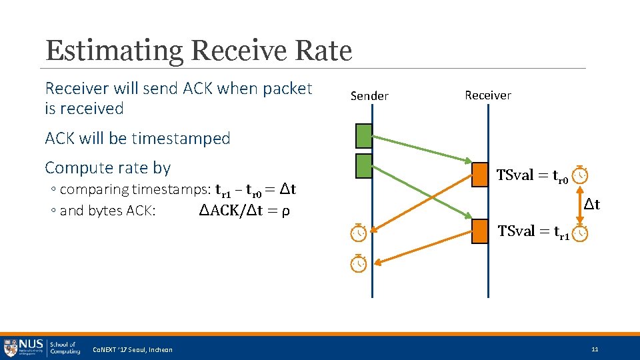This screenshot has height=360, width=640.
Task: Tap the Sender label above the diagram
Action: [x=369, y=96]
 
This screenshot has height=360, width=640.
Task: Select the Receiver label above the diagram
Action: [x=488, y=95]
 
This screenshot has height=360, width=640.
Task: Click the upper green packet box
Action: [x=363, y=135]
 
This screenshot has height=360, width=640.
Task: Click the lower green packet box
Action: [x=363, y=166]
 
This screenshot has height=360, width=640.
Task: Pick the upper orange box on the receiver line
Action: [x=480, y=175]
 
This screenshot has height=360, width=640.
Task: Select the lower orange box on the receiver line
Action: [x=480, y=231]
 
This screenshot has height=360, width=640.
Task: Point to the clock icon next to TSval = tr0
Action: [x=581, y=174]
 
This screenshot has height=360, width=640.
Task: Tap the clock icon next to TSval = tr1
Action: [x=581, y=233]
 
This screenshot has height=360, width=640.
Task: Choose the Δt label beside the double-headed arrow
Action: [x=592, y=205]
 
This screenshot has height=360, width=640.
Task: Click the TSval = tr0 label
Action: [x=532, y=176]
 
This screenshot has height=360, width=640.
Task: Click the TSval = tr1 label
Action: [x=533, y=232]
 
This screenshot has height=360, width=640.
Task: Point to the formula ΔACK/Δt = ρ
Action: [x=244, y=211]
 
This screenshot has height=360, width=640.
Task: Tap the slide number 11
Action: [x=595, y=349]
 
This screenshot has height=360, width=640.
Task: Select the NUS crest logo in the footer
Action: [x=11, y=347]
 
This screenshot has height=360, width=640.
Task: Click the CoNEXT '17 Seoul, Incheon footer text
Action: [x=132, y=350]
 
